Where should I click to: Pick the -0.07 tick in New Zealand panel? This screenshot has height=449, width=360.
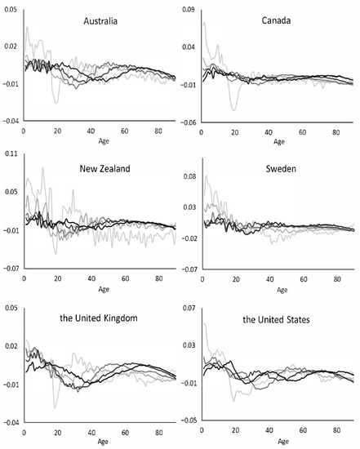tap(10, 269)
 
